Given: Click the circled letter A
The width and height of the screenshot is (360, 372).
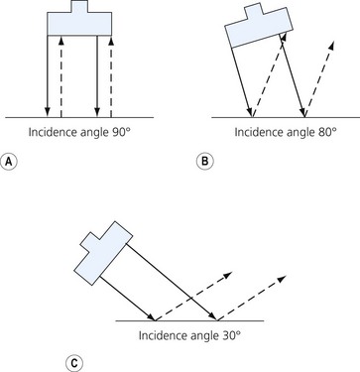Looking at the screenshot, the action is (x=9, y=161).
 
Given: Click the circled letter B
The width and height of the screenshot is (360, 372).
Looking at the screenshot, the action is (x=205, y=161).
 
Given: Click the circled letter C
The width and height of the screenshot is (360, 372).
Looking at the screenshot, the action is (x=73, y=364).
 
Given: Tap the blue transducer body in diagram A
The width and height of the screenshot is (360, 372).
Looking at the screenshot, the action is (x=79, y=24).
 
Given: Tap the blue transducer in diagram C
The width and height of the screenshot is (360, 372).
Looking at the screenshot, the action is (x=103, y=252).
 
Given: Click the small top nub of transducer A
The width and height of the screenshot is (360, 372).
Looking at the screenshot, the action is (x=79, y=6).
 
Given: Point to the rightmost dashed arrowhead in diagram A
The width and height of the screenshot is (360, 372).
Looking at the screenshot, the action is (x=111, y=41).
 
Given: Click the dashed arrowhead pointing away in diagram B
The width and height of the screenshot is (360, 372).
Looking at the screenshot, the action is (x=331, y=46).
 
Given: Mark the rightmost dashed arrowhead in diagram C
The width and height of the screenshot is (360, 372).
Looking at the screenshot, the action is (x=281, y=279).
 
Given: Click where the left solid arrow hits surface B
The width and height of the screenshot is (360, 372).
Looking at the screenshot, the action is (x=252, y=117).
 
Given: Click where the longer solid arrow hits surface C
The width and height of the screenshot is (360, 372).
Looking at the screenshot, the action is (x=217, y=320).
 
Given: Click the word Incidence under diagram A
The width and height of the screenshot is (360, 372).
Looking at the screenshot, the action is (x=52, y=132).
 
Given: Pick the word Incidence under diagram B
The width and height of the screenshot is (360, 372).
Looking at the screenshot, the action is (x=257, y=132).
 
